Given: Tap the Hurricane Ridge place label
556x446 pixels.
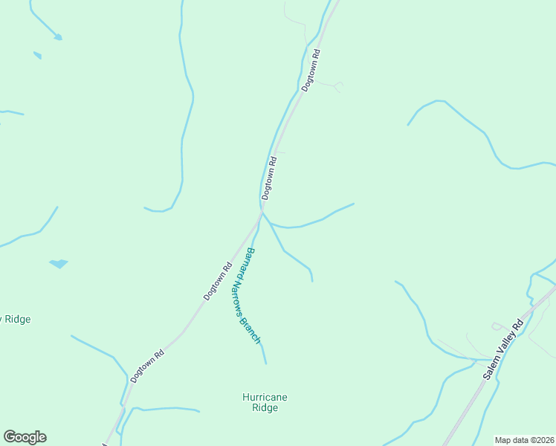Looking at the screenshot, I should click(265, 402).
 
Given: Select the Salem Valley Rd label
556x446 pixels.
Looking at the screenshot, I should click(503, 347).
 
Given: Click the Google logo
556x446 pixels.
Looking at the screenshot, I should click(25, 437).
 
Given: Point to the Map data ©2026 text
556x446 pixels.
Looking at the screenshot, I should click(524, 440).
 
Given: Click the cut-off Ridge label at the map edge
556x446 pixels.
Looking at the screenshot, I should click(16, 319).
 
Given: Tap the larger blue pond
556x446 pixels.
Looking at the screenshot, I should click(58, 263).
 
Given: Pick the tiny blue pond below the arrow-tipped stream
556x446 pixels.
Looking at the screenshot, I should click(37, 54).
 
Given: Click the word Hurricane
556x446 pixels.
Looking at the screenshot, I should click(265, 397).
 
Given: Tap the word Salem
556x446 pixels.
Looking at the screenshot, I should click(491, 367).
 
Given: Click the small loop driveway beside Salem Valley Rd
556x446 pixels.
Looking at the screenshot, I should click(497, 326).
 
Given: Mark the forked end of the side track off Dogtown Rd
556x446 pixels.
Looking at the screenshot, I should click(339, 87).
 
